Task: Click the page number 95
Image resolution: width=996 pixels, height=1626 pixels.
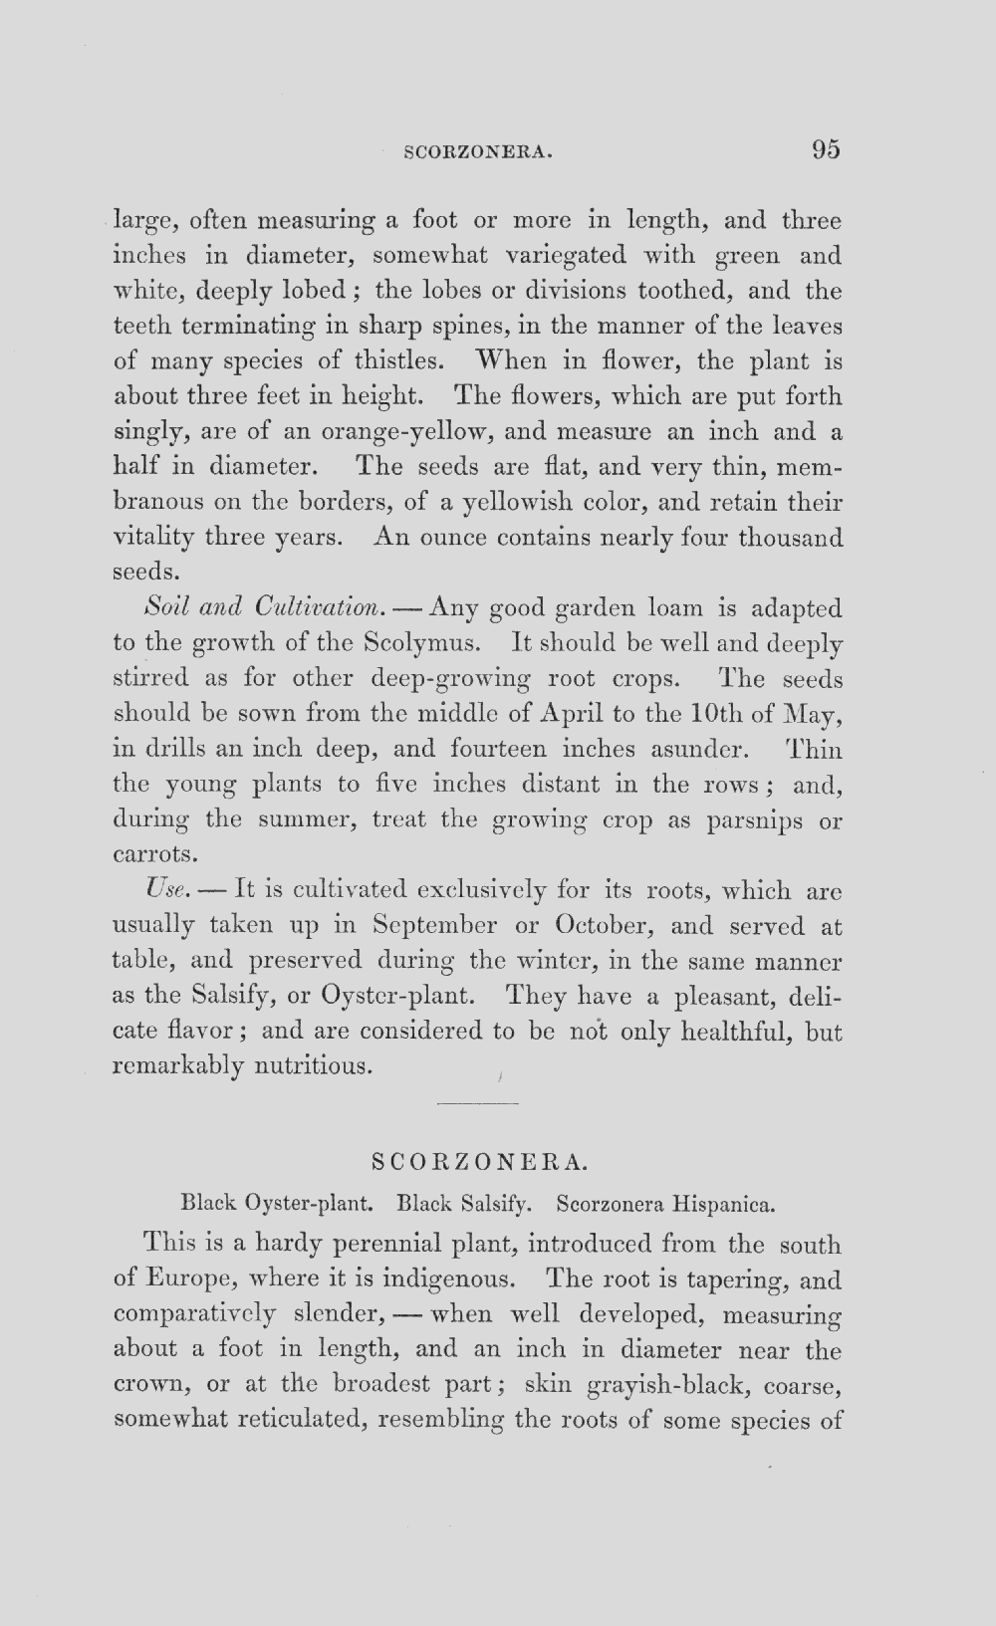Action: point(826,149)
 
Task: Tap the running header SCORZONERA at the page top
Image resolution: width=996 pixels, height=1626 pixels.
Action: point(478,153)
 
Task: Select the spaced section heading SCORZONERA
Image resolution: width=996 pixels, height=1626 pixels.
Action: point(478,1162)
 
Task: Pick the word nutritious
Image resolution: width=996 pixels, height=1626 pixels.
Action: point(314,1067)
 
